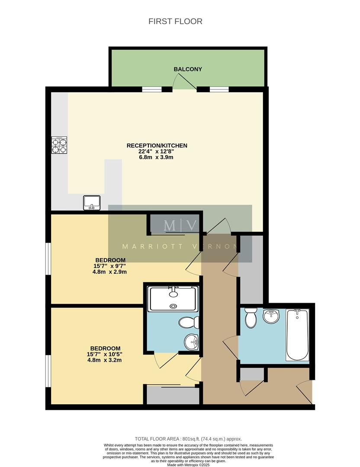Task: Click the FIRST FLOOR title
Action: tap(175, 21)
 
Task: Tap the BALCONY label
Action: tap(188, 69)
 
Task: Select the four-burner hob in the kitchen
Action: tap(60, 145)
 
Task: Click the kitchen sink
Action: tap(92, 202)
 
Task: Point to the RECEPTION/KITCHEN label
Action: tap(157, 146)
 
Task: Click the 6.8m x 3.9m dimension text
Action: tap(157, 157)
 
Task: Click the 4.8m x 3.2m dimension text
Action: tap(104, 360)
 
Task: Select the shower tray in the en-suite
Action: tap(173, 298)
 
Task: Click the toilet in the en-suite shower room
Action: tap(189, 322)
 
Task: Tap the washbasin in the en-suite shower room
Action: tap(191, 342)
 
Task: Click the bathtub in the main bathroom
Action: tap(297, 335)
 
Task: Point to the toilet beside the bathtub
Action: tap(251, 319)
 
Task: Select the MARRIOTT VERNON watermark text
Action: tap(180, 247)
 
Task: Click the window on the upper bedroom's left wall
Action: tap(49, 259)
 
